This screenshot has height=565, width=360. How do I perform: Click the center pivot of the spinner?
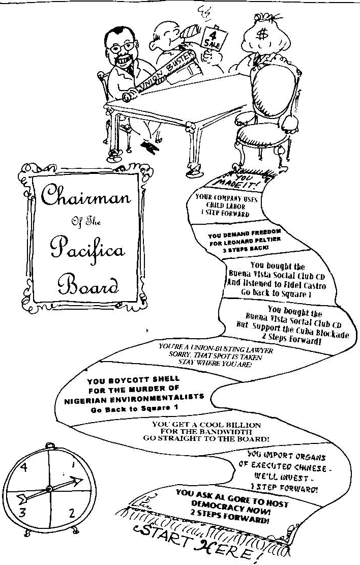pos(49,489)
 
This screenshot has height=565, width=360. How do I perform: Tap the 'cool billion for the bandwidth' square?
pos(205,431)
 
